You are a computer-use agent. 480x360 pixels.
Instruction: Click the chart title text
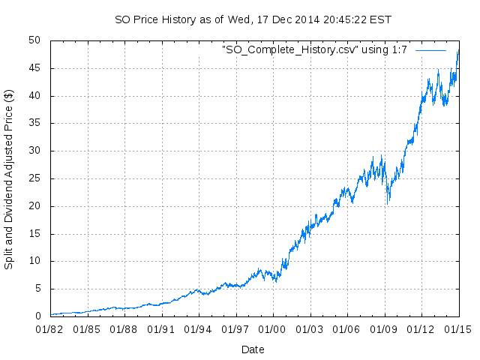[253, 19]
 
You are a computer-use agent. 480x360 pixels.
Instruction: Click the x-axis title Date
[253, 349]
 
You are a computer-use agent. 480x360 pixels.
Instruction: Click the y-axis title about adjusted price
[9, 178]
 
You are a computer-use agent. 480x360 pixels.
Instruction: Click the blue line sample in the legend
[430, 49]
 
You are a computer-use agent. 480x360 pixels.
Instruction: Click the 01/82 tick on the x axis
[50, 328]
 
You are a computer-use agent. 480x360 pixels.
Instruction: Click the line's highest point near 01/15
[457, 51]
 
